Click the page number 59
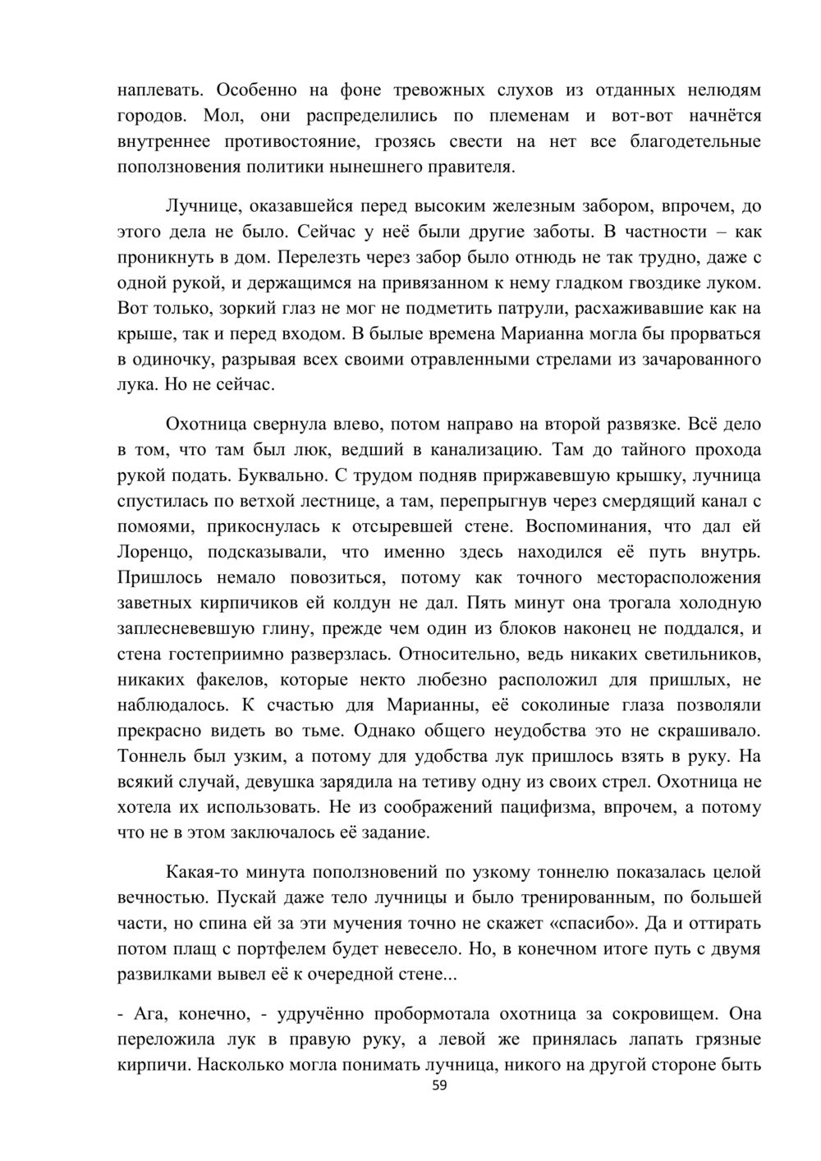[x=439, y=1086]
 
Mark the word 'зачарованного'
[x=700, y=360]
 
